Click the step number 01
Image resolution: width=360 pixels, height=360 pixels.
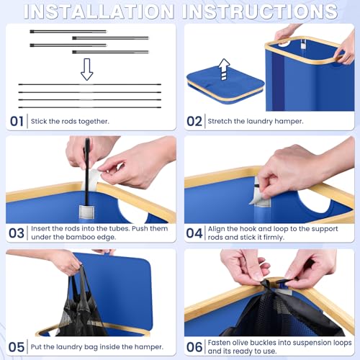17,122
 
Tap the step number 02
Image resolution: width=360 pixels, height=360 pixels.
194,122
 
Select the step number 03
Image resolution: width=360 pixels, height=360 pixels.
17,233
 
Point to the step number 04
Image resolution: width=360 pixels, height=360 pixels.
194,233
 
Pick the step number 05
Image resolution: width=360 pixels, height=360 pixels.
17,347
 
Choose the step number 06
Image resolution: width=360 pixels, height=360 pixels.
194,347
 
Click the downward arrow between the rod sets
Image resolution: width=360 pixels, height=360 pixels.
86,69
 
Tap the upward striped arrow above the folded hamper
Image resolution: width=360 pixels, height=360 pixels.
225,69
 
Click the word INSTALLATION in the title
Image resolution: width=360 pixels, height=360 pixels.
99,12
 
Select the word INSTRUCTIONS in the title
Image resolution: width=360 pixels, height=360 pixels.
260,12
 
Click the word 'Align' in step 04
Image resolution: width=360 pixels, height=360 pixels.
216,229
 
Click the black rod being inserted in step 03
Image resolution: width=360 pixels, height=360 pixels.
87,172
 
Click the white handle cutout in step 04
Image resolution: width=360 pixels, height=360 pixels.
318,202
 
